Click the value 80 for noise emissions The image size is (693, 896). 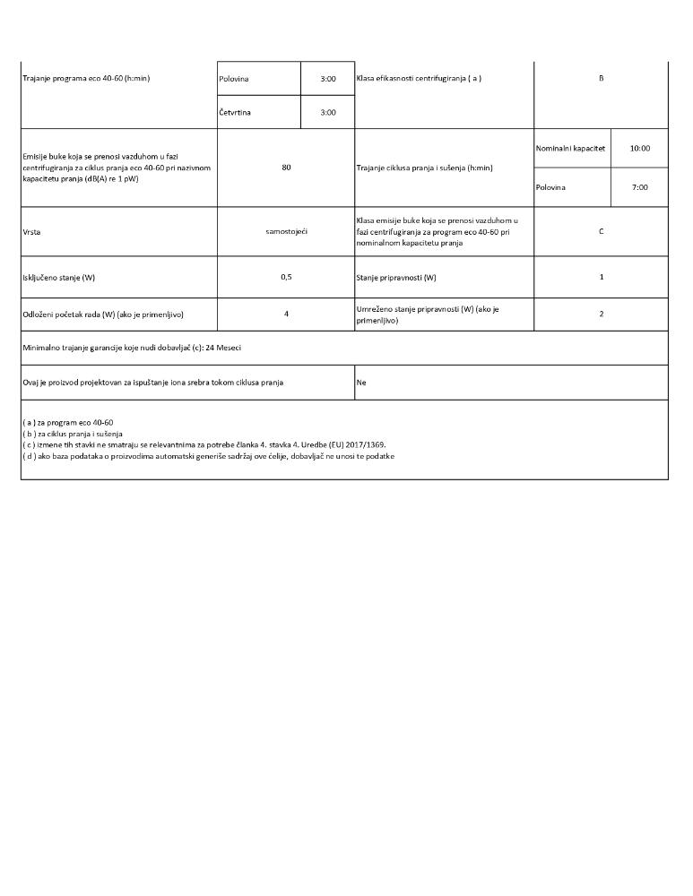point(286,168)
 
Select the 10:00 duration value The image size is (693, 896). point(639,149)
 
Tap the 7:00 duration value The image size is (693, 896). point(639,187)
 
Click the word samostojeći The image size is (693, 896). point(286,232)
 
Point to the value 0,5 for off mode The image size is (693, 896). point(286,277)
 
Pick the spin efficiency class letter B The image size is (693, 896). point(601,79)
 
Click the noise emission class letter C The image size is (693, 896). point(601,232)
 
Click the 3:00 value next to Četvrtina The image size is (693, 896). point(328,113)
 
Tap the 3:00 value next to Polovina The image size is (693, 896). point(328,79)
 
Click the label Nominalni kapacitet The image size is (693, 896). point(571,149)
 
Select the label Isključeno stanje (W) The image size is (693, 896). point(58,278)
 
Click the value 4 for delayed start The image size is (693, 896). point(286,314)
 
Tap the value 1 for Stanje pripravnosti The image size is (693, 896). point(601,277)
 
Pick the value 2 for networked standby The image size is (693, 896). point(601,314)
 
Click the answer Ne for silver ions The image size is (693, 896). point(361,383)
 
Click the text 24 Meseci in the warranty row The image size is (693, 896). point(223,348)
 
